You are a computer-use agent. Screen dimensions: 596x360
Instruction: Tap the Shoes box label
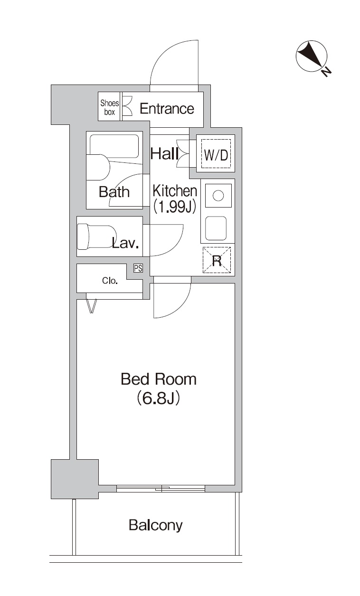[109, 108]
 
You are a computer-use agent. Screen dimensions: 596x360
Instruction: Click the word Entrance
[167, 109]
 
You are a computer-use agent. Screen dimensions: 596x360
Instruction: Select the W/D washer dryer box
[216, 154]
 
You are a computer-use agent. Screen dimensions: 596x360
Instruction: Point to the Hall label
[164, 154]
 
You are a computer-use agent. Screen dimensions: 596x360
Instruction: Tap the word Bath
[114, 192]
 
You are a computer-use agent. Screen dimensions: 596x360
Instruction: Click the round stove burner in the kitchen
[218, 196]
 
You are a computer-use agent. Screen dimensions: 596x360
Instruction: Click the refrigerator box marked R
[217, 260]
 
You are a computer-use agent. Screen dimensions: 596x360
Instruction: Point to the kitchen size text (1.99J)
[174, 207]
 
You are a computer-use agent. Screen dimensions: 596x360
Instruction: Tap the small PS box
[138, 269]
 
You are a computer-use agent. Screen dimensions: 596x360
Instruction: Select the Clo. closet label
[110, 281]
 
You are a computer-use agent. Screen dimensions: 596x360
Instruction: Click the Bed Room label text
[158, 379]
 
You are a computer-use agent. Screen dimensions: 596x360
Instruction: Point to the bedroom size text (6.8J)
[158, 398]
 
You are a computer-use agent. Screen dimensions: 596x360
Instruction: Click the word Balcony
[155, 525]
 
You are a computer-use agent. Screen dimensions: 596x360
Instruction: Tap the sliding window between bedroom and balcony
[161, 488]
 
